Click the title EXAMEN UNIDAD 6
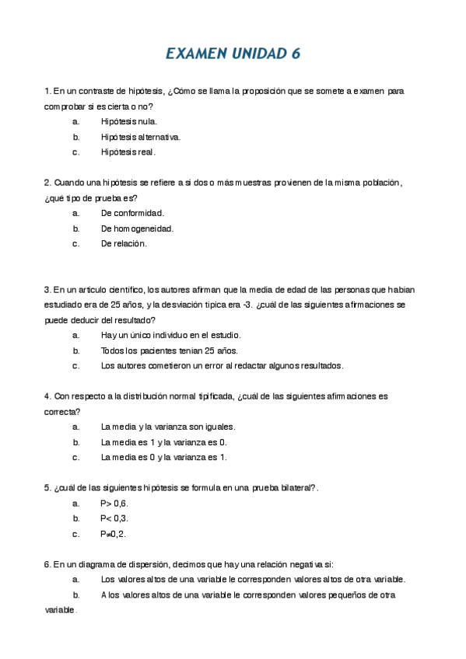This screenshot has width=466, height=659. point(233,54)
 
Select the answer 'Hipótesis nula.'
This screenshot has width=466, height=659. point(129,121)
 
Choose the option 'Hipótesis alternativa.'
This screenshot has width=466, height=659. point(140,137)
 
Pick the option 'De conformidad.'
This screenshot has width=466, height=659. point(132,213)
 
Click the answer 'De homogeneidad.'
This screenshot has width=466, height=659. point(137,228)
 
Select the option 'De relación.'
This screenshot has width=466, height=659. point(124,243)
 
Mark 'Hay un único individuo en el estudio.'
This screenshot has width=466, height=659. point(170,335)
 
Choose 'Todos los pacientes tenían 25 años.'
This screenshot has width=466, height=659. point(158,350)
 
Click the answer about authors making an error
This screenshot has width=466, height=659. point(222,365)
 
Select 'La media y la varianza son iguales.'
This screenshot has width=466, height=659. point(168,427)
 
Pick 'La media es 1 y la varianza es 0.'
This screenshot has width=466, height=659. point(163,442)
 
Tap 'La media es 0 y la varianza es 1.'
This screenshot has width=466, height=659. point(163,457)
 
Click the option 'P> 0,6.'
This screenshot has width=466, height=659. point(114,503)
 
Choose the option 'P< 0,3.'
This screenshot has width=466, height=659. point(114,518)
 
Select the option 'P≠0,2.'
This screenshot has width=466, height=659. point(113,534)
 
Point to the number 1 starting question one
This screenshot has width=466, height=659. point(47,91)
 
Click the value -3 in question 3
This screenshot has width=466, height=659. point(248,305)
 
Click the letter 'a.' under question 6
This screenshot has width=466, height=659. point(76,579)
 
